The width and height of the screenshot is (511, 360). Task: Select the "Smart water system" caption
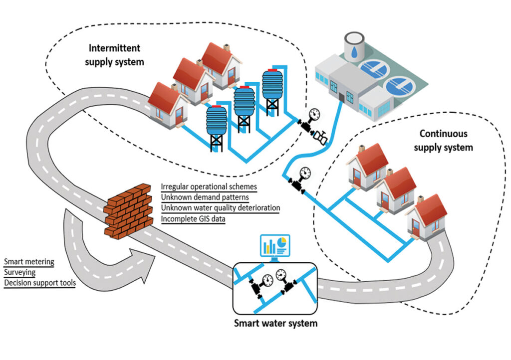tap(275, 323)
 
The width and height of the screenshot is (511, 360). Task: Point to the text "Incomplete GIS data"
tap(193, 218)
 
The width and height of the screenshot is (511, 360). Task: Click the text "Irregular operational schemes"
tap(209, 186)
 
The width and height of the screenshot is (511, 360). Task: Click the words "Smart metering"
tap(29, 261)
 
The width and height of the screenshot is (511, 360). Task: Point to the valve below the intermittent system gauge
tap(320, 136)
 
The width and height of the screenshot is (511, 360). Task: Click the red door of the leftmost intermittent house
tap(173, 117)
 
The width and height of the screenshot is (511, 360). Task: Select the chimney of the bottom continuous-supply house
tap(420, 199)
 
